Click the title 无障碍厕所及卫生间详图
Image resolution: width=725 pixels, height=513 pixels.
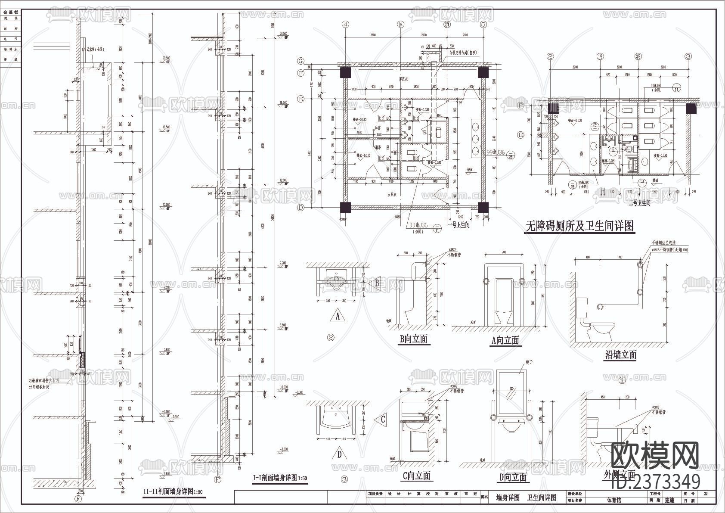click(579, 226)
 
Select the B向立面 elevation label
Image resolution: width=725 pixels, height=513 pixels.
click(413, 339)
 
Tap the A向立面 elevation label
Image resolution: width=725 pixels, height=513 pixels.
click(505, 341)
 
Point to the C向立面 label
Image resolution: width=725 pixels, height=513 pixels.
click(416, 476)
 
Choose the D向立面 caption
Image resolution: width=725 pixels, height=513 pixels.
click(513, 477)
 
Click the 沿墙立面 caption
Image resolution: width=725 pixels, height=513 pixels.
click(620, 355)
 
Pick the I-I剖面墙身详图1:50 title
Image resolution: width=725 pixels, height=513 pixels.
click(280, 478)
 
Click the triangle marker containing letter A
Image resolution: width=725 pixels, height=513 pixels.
click(338, 317)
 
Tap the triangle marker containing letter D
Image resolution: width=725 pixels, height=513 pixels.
click(340, 454)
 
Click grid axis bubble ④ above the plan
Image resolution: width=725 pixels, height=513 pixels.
click(345, 25)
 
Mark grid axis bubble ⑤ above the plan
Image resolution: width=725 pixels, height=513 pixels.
click(483, 25)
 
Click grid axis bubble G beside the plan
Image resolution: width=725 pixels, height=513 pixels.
click(301, 60)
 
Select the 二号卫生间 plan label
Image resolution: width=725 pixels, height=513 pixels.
click(639, 203)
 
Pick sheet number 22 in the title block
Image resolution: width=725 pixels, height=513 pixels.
click(705, 494)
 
